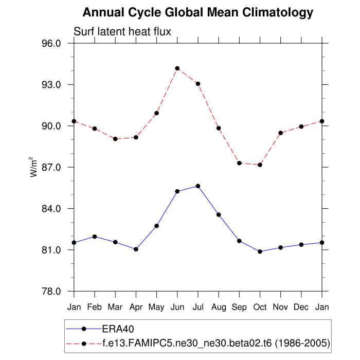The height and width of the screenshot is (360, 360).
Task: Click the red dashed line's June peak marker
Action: [x=177, y=68]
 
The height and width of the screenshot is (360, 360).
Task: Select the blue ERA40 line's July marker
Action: [x=198, y=186]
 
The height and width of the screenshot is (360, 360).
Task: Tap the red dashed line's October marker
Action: [x=260, y=165]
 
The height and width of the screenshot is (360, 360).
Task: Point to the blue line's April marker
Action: [x=136, y=249]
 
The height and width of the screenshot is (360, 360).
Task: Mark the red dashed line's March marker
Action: [x=115, y=139]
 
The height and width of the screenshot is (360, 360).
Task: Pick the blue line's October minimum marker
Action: [x=260, y=251]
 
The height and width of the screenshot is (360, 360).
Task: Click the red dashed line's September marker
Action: [x=239, y=163]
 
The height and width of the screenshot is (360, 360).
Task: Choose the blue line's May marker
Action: [x=156, y=226]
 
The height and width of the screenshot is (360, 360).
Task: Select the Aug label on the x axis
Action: [x=219, y=308]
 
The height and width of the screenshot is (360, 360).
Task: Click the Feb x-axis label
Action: [x=95, y=308]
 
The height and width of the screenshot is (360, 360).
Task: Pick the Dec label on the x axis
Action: [x=301, y=308]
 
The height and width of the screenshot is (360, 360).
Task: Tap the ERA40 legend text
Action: [x=118, y=329]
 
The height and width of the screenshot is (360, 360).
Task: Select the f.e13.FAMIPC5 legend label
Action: [x=216, y=342]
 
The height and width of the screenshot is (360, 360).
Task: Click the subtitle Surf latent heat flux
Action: [x=122, y=32]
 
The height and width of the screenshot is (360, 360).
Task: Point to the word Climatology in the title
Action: [x=271, y=12]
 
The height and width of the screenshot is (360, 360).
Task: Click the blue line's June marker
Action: [x=177, y=191]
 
